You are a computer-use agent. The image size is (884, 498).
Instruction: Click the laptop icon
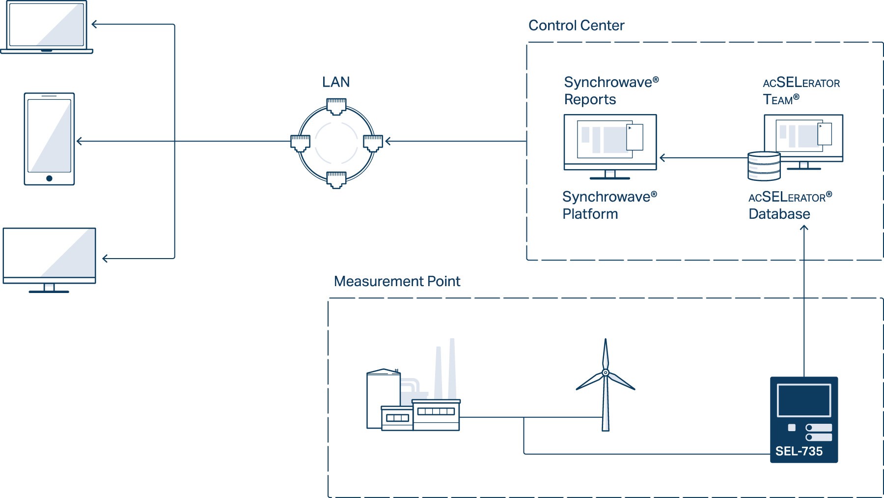coord(47,27)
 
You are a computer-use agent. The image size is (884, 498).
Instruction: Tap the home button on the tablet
coord(49,178)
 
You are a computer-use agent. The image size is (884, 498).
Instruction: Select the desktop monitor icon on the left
coord(49,260)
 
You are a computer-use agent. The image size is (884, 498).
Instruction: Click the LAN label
coord(336,82)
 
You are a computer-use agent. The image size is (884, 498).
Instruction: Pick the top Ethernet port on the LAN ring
coord(336,106)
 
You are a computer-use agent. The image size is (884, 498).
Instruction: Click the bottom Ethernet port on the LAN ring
coord(336,180)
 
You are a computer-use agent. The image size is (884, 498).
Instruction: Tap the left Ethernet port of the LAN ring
coord(300,143)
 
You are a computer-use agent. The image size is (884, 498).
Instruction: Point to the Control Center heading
coord(576,26)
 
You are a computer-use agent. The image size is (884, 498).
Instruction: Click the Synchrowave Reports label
coord(611,90)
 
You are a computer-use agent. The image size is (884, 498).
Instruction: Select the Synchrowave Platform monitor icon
coord(610,146)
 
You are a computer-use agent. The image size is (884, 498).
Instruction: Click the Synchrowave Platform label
coord(609,205)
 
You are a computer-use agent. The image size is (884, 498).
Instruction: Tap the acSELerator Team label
coord(801,91)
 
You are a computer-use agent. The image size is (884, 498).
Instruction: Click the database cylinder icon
coord(764,166)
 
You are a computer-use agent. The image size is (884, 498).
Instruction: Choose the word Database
coord(779,214)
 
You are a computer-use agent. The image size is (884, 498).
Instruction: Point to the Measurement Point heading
coord(397,281)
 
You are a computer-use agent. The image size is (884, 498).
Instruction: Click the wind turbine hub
coord(606,373)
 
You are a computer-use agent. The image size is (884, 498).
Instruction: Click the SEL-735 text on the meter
coord(799,451)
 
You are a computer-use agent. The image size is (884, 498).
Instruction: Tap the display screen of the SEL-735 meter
coord(804,400)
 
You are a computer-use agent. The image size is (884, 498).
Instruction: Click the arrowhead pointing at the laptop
coord(94,24)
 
